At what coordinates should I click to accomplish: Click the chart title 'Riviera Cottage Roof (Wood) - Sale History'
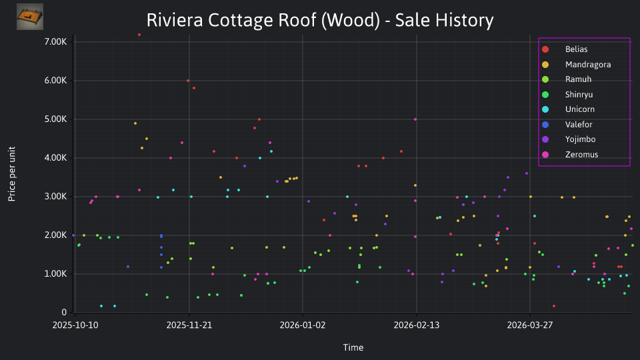(x=320, y=20)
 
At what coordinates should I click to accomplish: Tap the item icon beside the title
(x=30, y=17)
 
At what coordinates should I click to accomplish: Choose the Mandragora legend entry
(x=576, y=65)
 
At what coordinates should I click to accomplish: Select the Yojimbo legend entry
(x=569, y=139)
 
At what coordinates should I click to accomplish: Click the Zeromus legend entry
(x=570, y=154)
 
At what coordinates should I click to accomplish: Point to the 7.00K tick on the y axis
(x=55, y=41)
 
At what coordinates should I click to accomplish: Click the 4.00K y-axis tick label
(x=55, y=158)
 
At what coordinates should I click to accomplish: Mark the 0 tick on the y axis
(x=64, y=313)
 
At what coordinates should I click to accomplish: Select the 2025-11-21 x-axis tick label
(x=189, y=325)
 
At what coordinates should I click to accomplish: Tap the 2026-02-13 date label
(x=416, y=325)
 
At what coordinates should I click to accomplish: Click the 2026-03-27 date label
(x=530, y=325)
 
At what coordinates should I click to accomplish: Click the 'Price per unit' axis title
(x=12, y=174)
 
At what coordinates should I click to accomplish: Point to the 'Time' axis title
(x=353, y=348)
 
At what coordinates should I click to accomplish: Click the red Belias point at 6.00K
(x=188, y=81)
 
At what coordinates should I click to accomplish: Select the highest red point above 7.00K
(x=139, y=35)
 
